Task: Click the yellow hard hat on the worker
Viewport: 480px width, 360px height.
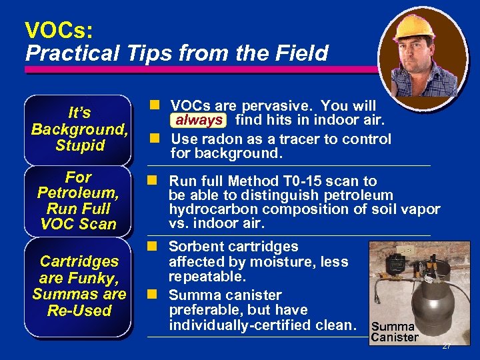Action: point(414,27)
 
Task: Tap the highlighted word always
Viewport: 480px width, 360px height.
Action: point(199,121)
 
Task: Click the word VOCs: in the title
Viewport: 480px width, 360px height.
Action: point(59,29)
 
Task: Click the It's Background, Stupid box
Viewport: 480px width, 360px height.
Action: point(79,129)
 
